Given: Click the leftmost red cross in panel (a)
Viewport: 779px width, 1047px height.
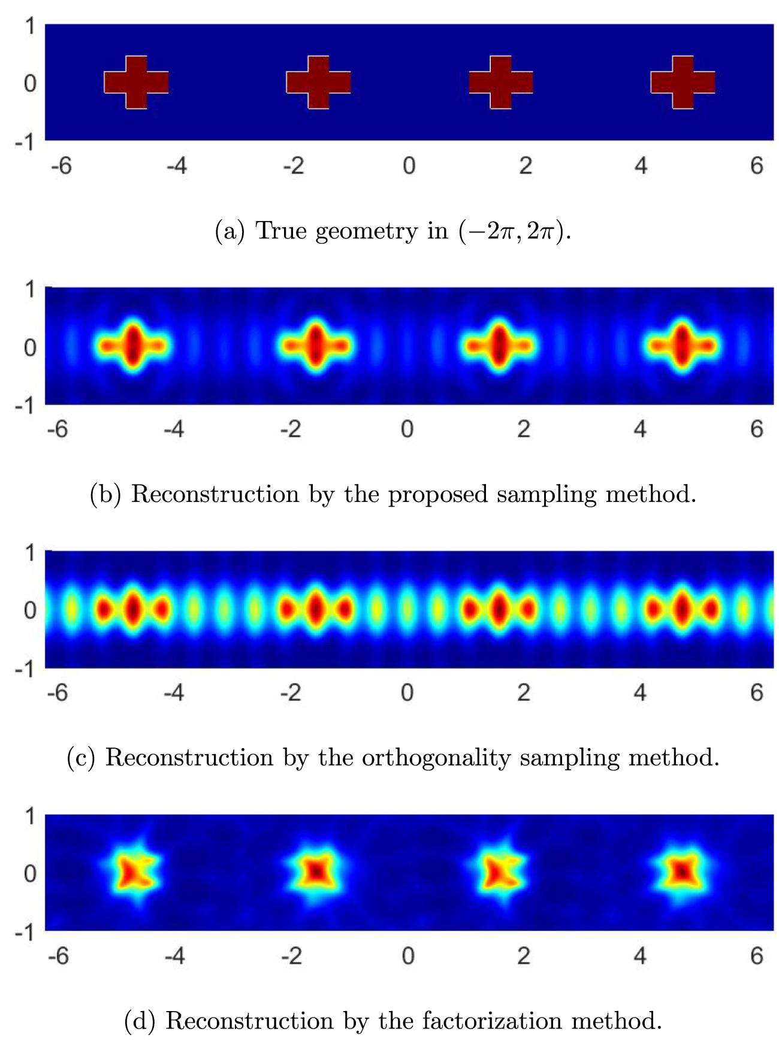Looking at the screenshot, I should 136,82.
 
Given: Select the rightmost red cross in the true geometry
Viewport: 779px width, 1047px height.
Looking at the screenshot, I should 683,82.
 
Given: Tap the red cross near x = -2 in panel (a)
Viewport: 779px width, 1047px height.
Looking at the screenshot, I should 318,82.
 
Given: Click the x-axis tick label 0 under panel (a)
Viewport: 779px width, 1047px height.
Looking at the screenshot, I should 409,165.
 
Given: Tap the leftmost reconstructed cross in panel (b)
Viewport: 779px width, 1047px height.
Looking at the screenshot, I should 133,346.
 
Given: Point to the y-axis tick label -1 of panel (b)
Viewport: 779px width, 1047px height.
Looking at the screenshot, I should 26,406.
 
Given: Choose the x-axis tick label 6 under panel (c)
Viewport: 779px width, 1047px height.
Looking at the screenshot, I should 756,692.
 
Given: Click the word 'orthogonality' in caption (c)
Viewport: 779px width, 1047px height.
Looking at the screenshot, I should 436,758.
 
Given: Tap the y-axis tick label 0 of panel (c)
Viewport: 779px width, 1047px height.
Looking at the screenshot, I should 30,610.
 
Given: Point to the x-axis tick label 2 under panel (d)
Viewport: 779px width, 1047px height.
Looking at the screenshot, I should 524,956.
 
